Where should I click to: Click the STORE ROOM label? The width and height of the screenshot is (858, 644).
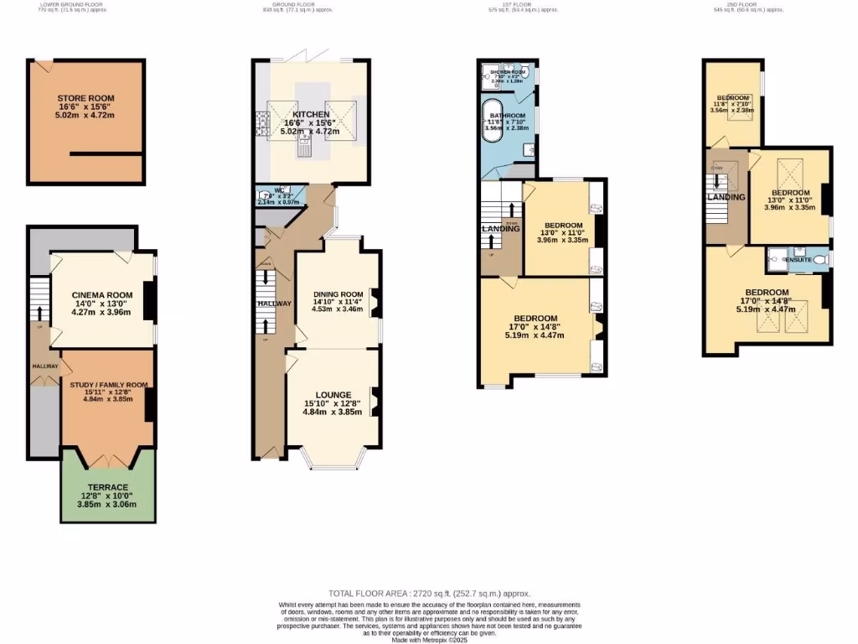tap(80, 98)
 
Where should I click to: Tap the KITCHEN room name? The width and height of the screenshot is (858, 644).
tap(311, 114)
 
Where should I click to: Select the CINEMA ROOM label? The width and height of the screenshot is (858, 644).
tap(102, 295)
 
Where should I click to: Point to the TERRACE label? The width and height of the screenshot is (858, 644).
tap(108, 487)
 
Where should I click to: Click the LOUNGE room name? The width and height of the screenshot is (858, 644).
tap(333, 394)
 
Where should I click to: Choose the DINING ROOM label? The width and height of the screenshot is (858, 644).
tap(338, 293)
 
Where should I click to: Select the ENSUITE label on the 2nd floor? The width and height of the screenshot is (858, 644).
tap(797, 261)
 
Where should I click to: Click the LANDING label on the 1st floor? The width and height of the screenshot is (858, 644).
tap(500, 229)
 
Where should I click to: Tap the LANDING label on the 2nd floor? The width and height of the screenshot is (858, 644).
tap(725, 197)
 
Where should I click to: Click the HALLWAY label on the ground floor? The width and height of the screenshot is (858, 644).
tap(275, 303)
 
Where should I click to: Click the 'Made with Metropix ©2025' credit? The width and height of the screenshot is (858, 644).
tap(428, 639)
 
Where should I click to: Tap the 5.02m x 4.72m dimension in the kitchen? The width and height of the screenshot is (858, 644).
tap(311, 132)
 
